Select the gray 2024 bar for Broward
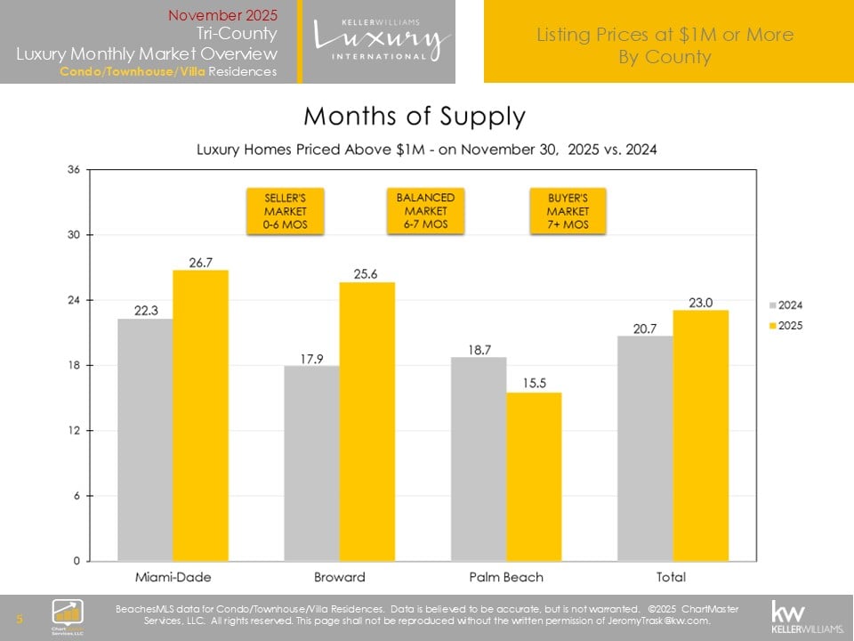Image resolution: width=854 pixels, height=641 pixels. [x=311, y=463]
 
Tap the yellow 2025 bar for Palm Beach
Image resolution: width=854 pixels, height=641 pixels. [x=534, y=476]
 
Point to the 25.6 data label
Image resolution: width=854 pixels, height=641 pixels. [x=367, y=274]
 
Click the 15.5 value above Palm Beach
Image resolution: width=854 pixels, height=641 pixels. [x=534, y=384]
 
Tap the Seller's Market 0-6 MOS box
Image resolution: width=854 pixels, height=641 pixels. [x=285, y=211]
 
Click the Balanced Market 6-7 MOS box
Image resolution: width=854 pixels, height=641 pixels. [x=425, y=210]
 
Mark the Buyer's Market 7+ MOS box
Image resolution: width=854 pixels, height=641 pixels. [x=568, y=211]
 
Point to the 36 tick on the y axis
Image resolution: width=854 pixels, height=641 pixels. [x=75, y=170]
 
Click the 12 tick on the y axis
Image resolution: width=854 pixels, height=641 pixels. [x=75, y=431]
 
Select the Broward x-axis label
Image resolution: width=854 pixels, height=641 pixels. [x=339, y=577]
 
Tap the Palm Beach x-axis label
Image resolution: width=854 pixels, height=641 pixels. [x=506, y=577]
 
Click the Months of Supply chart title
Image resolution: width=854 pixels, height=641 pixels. [x=415, y=117]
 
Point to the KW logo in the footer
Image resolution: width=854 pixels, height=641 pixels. [x=806, y=615]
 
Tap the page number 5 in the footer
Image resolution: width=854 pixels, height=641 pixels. [x=20, y=618]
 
